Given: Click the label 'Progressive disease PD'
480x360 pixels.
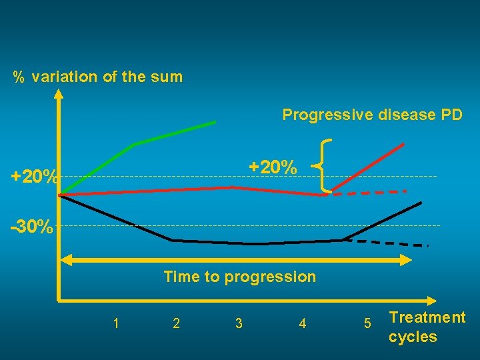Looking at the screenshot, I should pos(372,115).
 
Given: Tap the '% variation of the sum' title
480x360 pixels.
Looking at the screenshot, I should pos(98,77).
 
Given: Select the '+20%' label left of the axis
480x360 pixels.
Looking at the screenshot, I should pos(34,177).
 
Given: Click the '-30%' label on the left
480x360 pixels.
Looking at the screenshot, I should pos(32,227).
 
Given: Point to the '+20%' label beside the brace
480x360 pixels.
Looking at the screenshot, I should pos(273,167).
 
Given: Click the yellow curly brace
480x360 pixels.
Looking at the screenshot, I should pos(325,165).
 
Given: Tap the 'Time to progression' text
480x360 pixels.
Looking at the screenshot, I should pos(240,277).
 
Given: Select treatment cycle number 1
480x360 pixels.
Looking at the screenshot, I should pos(117,324).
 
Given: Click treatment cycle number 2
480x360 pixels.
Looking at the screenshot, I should pos(176,324).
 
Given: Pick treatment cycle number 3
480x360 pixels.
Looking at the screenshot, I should pos(239,324).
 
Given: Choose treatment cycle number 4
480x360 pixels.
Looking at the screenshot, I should pos(303,324).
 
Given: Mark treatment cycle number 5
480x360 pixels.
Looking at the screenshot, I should pos(367,324).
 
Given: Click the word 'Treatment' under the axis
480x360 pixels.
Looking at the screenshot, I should pos(427,317).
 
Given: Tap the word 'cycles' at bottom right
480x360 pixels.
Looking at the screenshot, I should pos(413,337).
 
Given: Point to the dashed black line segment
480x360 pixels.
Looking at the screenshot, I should pos(387,243).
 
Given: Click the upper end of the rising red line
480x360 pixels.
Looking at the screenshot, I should pos(403,144).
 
